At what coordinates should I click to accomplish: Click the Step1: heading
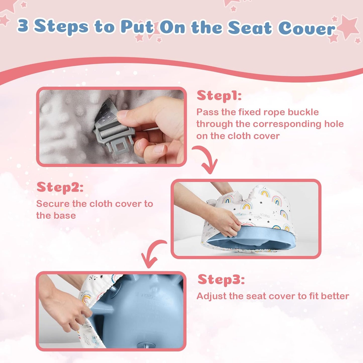tap(219, 96)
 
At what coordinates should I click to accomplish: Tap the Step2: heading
tap(60, 187)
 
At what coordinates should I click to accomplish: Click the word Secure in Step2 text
tap(53, 204)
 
